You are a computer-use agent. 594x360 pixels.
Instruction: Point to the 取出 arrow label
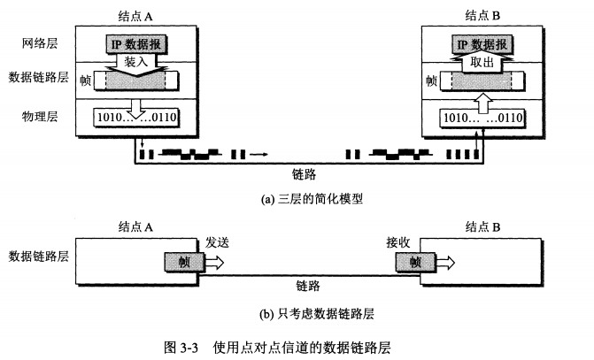pos(482,62)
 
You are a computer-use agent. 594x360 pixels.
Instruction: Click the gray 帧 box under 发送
pos(181,262)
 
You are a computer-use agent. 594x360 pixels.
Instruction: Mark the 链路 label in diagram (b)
pos(308,286)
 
